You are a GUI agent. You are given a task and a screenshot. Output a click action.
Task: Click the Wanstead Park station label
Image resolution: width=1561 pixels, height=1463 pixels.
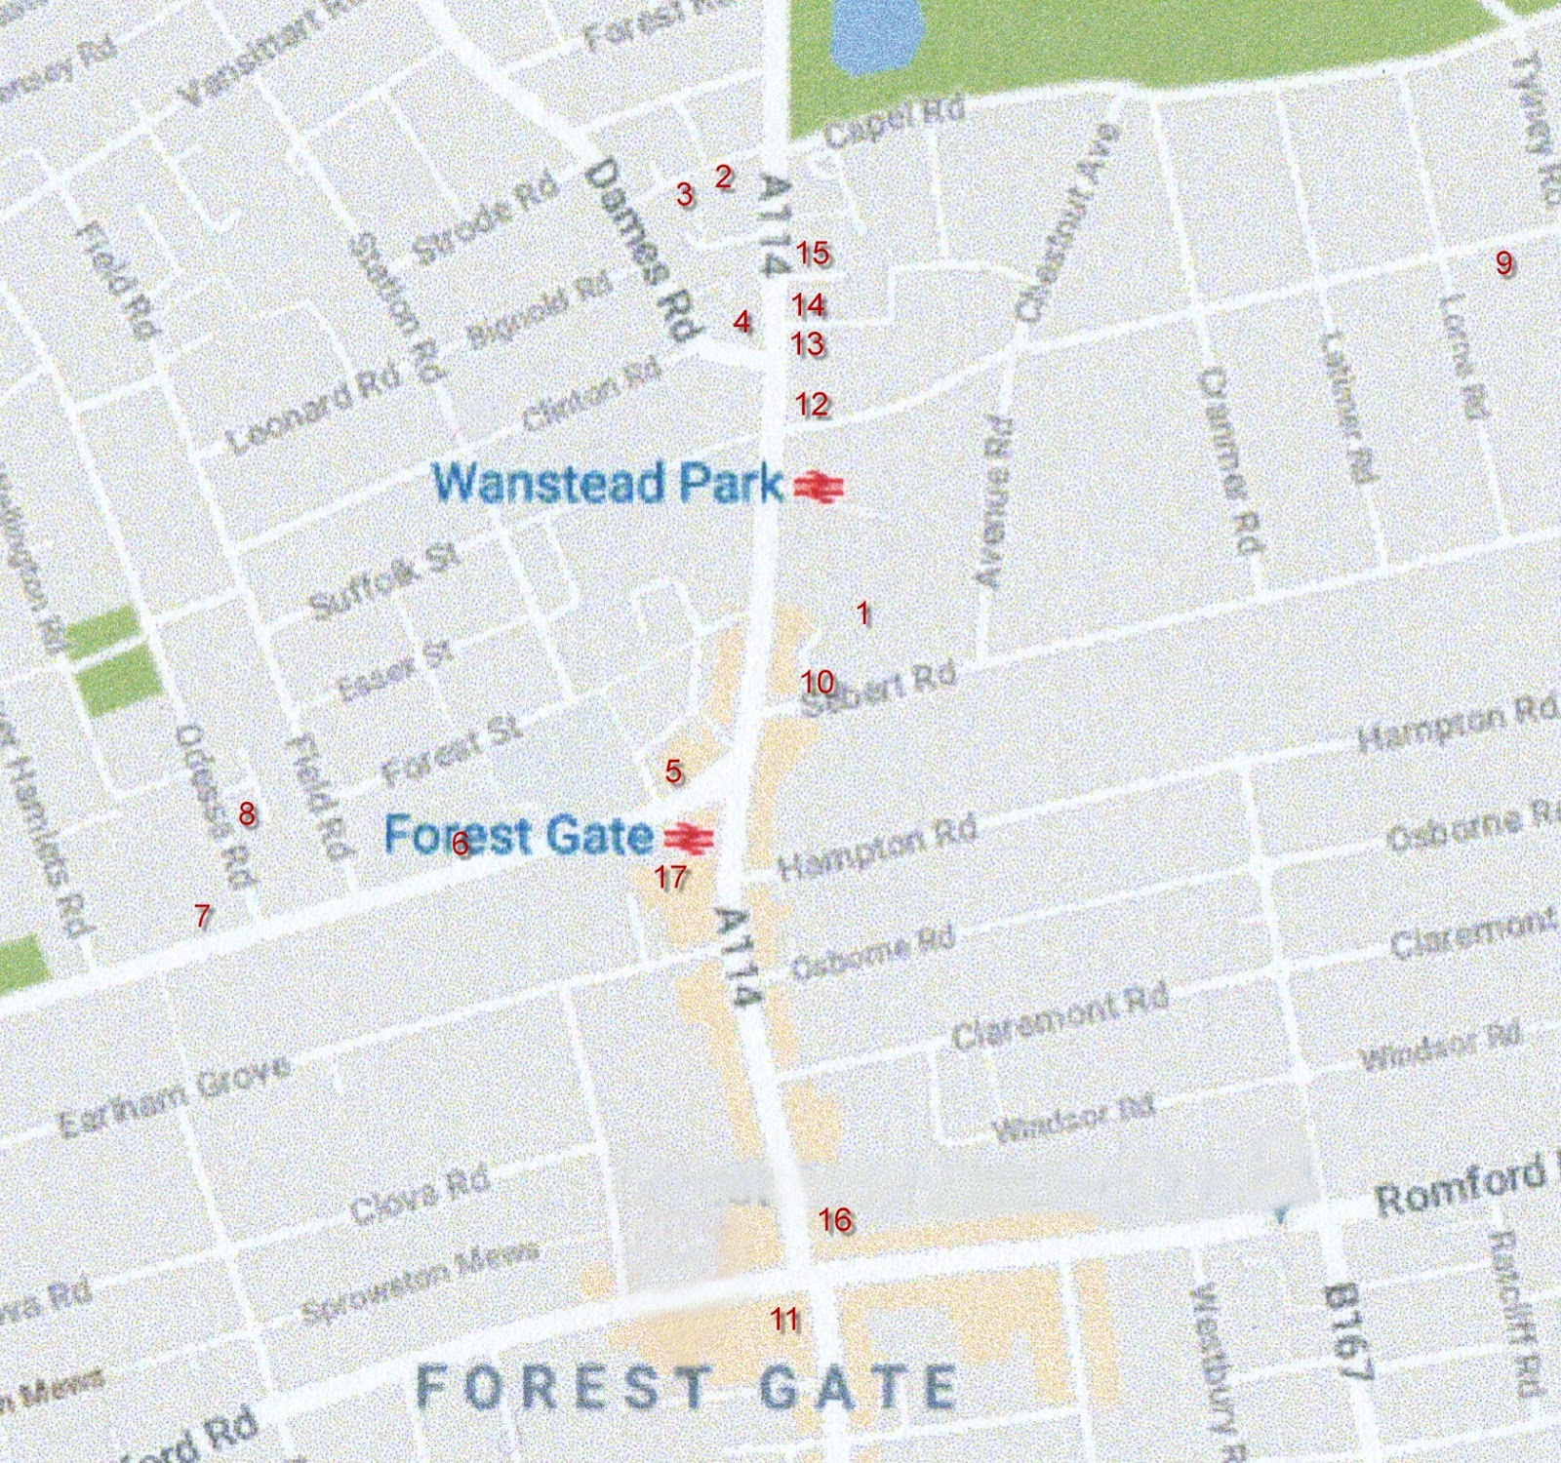click(x=607, y=482)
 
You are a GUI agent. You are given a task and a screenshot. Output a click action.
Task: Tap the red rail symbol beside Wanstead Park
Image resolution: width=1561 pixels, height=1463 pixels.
click(x=819, y=486)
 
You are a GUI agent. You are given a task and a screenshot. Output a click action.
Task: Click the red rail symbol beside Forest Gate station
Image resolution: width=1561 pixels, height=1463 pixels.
click(x=689, y=837)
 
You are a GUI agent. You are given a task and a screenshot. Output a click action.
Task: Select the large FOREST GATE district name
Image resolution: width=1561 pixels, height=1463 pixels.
click(x=686, y=1387)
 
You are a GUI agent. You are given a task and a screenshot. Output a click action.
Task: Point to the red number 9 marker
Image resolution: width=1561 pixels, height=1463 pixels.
click(x=1503, y=262)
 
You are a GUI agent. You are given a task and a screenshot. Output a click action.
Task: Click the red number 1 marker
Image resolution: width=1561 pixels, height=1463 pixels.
click(x=862, y=613)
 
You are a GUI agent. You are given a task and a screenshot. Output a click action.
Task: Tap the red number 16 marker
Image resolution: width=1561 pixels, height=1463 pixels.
click(x=835, y=1219)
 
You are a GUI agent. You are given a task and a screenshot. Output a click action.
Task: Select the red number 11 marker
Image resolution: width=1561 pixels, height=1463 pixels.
click(x=784, y=1320)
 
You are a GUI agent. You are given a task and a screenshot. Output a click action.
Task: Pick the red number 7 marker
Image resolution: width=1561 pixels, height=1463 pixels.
click(x=202, y=915)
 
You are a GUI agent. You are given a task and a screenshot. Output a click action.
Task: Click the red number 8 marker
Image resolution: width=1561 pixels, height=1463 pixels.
click(x=247, y=812)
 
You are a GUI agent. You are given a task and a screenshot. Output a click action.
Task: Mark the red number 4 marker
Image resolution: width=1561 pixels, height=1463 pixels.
click(x=742, y=321)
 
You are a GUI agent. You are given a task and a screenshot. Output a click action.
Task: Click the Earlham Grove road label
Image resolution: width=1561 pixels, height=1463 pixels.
click(x=174, y=1094)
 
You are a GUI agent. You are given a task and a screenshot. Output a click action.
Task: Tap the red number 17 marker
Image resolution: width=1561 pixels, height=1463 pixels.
click(x=670, y=876)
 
